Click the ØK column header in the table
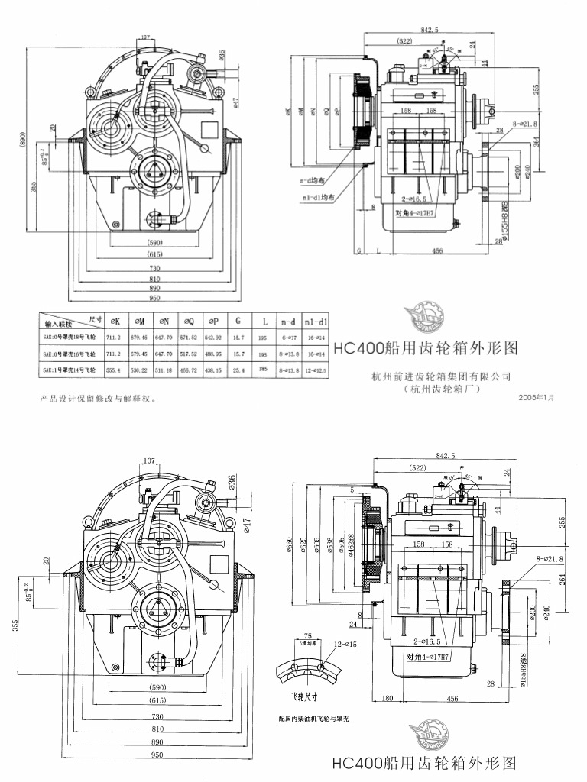[x=115, y=321]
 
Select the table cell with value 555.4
[x=115, y=370]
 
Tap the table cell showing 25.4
[x=238, y=370]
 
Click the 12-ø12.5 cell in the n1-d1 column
[x=313, y=370]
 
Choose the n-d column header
[x=287, y=321]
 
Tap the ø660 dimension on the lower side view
[x=289, y=543]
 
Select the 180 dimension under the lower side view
[x=388, y=698]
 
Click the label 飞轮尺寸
[x=293, y=696]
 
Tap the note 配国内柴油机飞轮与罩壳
[x=313, y=719]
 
